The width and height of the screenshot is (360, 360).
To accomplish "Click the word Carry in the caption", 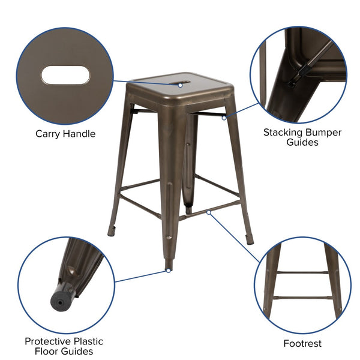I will (x=49, y=134).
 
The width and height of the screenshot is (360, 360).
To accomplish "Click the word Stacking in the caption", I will (x=284, y=132).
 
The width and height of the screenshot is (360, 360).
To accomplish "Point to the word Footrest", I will (x=302, y=344).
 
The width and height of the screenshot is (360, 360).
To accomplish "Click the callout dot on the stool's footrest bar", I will (x=208, y=211).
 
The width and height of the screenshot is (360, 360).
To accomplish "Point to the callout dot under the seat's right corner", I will (x=224, y=118).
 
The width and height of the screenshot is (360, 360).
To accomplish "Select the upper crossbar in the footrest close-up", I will (x=302, y=273).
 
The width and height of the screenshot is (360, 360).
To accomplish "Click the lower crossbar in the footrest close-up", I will (x=302, y=296).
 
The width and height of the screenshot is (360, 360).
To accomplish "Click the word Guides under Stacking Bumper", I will (x=303, y=143).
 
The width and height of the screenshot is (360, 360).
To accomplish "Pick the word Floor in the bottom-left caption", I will (x=49, y=352).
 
